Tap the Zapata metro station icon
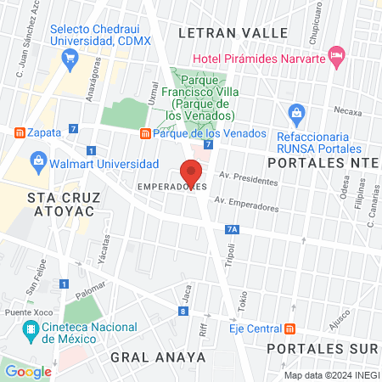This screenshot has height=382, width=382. pyautogui.click(x=18, y=133)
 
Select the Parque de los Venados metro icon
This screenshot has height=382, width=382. pyautogui.click(x=145, y=133)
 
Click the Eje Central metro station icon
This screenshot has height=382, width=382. pyautogui.click(x=290, y=329)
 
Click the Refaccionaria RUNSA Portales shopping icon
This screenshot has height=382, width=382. pyautogui.click(x=296, y=112)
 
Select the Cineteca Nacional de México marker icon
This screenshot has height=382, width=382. pyautogui.click(x=31, y=329)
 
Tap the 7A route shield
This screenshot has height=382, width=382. pyautogui.click(x=233, y=228)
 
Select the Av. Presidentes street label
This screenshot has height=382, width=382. pyautogui.click(x=248, y=179)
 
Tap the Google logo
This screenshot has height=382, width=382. pyautogui.click(x=28, y=371)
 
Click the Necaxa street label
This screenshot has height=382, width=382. pyautogui.click(x=347, y=111)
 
